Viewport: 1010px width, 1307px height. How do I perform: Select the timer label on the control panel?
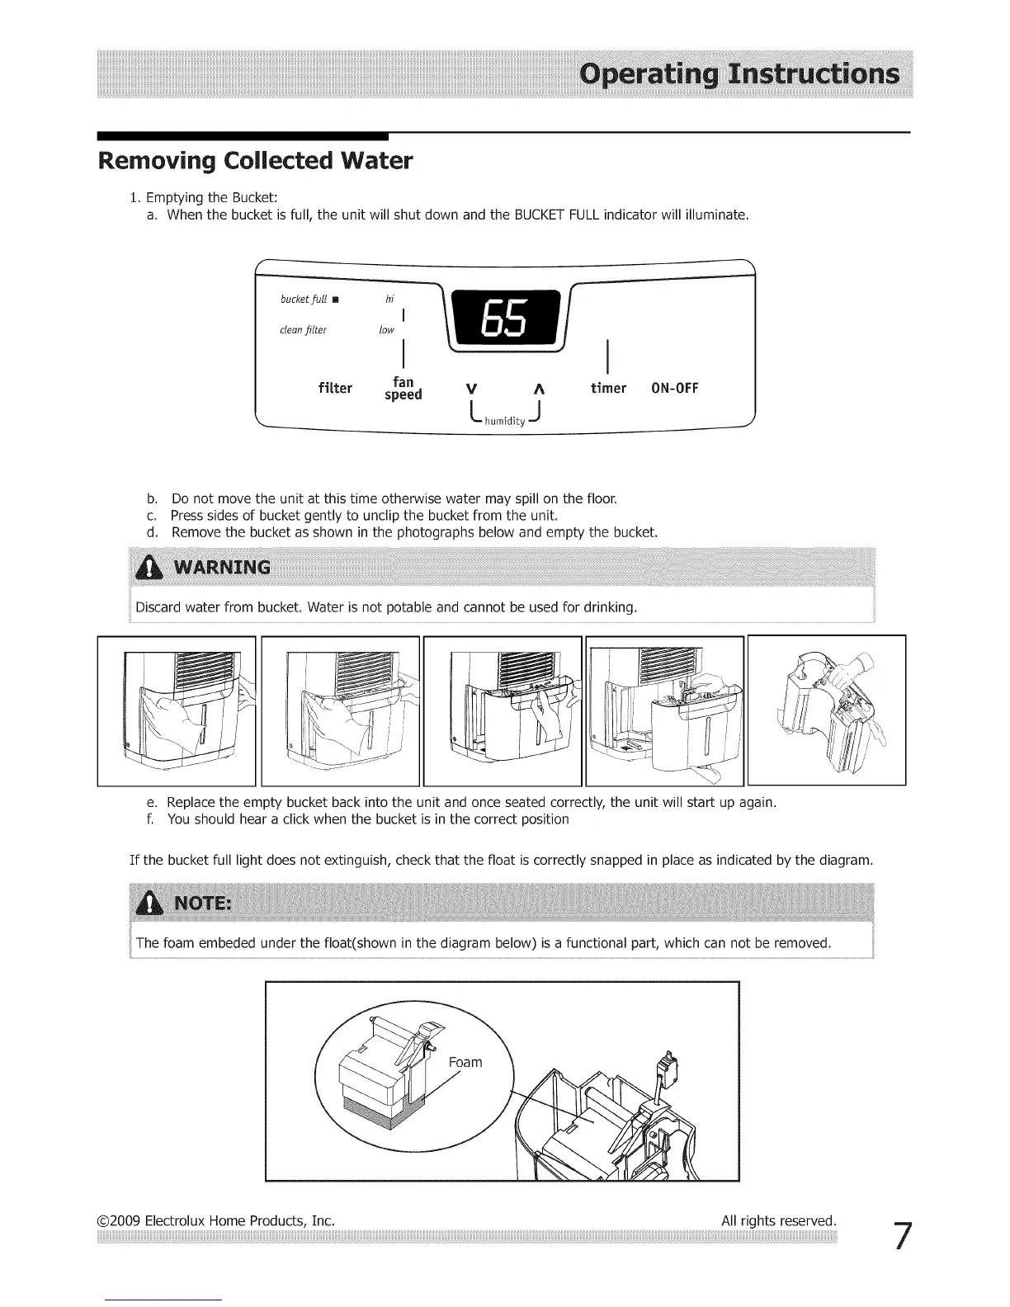tap(608, 389)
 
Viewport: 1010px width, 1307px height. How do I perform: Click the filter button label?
tap(335, 389)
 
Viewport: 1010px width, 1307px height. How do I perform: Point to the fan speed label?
tap(404, 389)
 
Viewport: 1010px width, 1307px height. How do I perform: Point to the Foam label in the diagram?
tap(465, 1062)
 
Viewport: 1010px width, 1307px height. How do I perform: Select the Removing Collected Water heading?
tap(255, 160)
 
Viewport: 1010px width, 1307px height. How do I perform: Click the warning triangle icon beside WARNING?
tap(149, 567)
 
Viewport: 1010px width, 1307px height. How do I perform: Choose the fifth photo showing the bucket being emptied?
tap(826, 710)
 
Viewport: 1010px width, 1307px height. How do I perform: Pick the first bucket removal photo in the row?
tap(177, 710)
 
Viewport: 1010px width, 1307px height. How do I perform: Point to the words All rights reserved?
tap(778, 1220)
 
